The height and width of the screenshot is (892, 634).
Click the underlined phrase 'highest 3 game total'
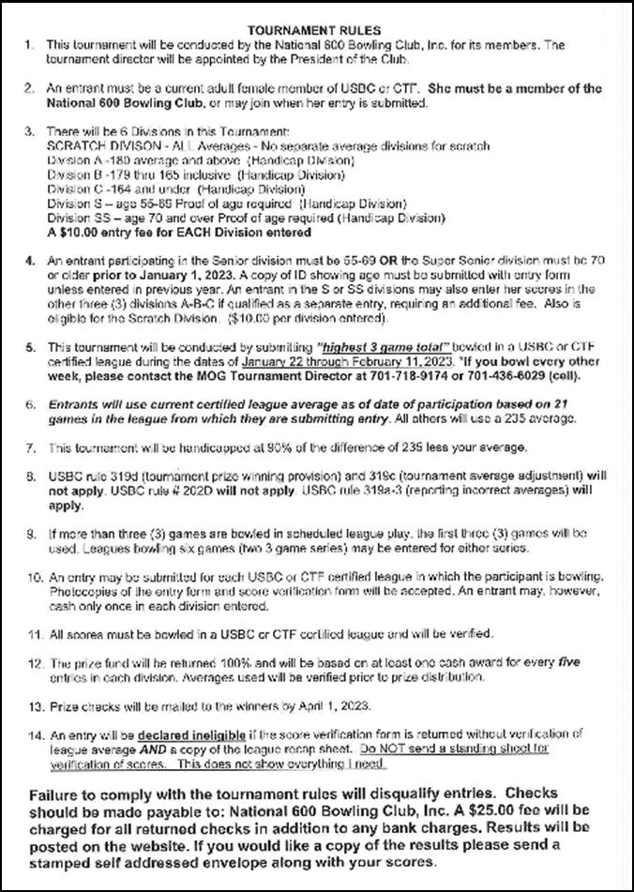pos(337,346)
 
